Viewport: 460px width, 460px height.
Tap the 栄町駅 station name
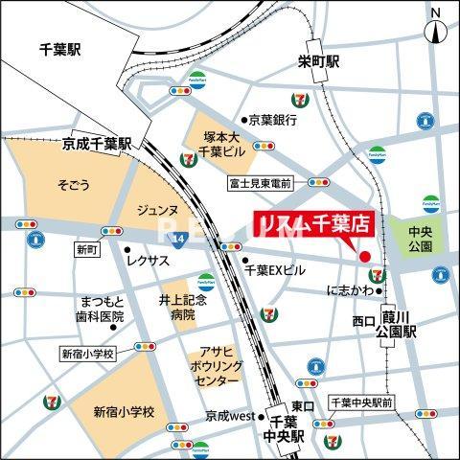point(318,61)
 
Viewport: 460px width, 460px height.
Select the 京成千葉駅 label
point(98,143)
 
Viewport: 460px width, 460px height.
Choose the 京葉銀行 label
point(273,120)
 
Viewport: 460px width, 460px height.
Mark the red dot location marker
point(363,256)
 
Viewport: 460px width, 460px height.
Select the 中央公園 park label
point(420,239)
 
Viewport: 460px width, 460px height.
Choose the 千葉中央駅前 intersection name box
point(361,402)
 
